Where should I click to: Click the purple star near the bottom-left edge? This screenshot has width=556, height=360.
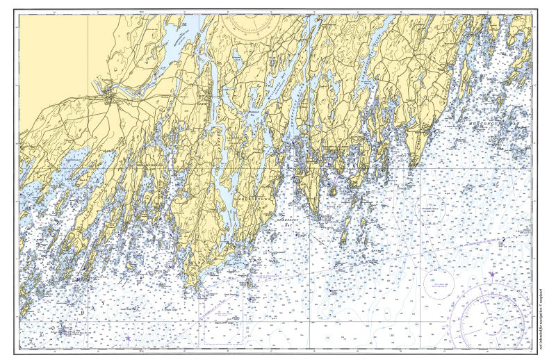128,338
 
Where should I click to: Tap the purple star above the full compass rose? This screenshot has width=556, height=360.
492,275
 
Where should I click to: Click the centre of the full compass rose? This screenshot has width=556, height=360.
492,321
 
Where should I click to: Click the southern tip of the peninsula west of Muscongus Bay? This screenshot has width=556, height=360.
415,165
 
